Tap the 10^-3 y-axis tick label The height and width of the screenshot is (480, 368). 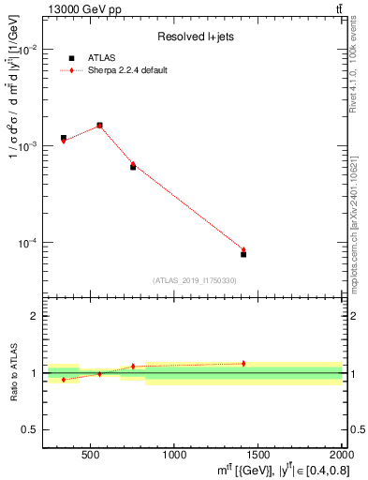click(x=27, y=146)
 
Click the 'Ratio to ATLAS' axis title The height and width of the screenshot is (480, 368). click(x=12, y=373)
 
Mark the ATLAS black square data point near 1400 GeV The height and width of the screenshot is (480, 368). click(x=243, y=254)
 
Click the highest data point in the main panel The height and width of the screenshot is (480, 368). click(x=99, y=125)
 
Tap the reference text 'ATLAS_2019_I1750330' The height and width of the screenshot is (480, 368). click(x=194, y=280)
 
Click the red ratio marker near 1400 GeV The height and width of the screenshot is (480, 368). click(x=243, y=364)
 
